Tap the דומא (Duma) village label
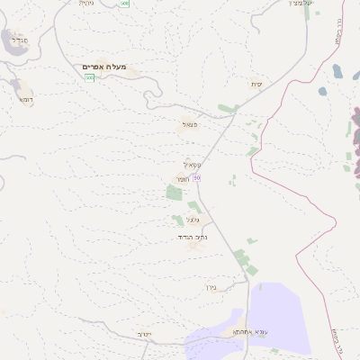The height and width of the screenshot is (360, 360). [25, 100]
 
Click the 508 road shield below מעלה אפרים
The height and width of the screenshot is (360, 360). [90, 77]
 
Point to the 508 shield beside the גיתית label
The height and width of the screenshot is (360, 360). [125, 4]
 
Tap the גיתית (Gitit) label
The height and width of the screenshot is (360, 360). [86, 3]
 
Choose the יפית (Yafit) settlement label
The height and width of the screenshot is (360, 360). [256, 84]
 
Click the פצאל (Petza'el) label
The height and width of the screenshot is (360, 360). [189, 125]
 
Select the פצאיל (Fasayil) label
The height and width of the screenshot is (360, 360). [192, 164]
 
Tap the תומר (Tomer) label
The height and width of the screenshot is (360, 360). [183, 180]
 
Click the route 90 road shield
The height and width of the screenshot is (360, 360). [197, 177]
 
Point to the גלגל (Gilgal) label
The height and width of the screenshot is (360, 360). [193, 220]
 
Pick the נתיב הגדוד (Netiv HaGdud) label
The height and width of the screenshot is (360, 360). [193, 237]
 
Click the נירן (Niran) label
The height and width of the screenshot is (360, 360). [212, 289]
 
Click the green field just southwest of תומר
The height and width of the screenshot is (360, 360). [174, 193]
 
